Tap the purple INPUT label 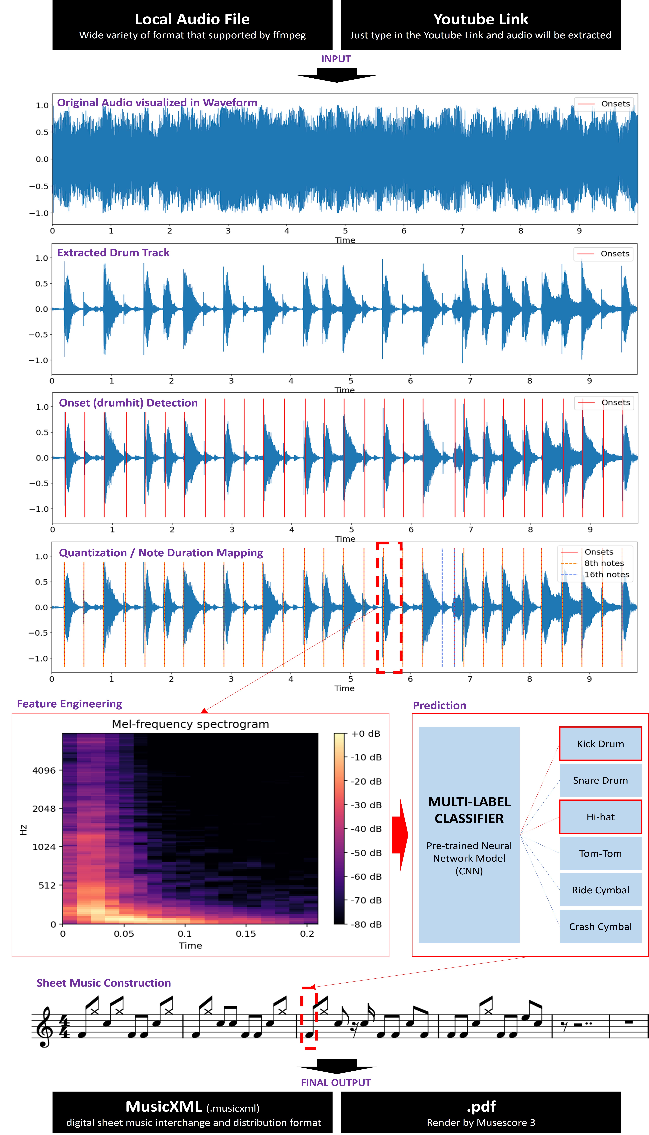[x=336, y=59]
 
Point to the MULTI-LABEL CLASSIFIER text [x=469, y=810]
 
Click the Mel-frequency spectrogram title [x=190, y=724]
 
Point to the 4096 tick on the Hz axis [x=44, y=770]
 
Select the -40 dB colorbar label [x=366, y=829]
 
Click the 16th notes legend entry [x=606, y=574]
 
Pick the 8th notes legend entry [x=604, y=563]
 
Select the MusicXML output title [x=164, y=1106]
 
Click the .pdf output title [x=481, y=1106]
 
